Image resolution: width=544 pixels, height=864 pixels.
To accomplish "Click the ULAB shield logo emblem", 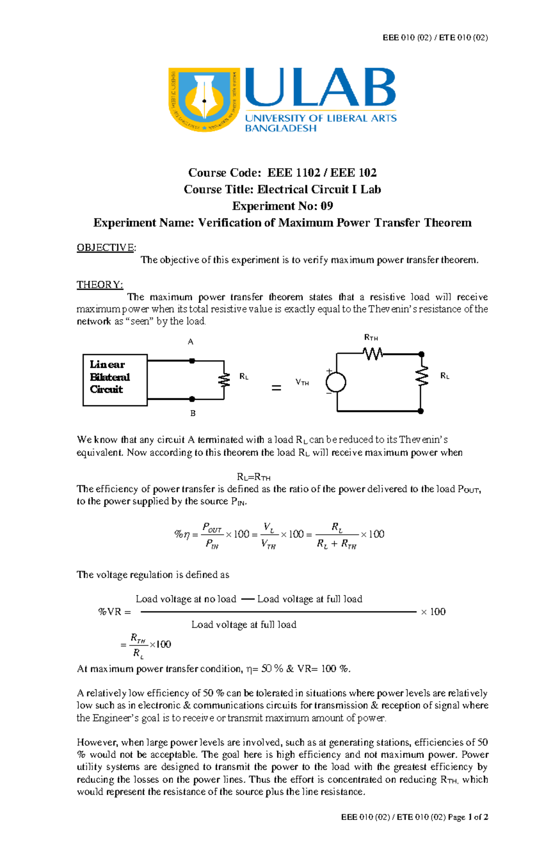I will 204,100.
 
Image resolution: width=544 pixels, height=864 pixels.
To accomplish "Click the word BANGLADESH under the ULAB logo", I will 280,128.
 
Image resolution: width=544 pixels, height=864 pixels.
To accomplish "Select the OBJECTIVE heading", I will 106,248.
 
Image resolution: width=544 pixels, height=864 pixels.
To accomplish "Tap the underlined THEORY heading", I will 99,285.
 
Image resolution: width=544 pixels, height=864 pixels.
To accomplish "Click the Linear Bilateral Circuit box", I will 115,380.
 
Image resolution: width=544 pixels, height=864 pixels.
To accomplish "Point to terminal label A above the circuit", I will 190,342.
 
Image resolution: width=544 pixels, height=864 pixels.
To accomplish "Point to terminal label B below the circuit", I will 193,413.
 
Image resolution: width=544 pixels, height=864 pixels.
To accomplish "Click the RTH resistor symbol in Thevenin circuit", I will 373,354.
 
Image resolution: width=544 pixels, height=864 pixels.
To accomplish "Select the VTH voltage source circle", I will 335,382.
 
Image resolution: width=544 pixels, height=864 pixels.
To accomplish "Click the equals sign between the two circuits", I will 276,388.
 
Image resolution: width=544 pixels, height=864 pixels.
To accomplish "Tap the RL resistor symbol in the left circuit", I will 224,380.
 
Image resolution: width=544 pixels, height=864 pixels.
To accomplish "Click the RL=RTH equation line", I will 253,477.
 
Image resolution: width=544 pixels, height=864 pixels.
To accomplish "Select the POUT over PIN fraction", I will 212,535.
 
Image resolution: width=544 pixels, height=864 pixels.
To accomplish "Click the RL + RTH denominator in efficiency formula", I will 336,544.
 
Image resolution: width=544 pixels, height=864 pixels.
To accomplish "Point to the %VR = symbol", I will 114,612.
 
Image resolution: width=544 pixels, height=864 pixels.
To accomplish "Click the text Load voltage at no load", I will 186,599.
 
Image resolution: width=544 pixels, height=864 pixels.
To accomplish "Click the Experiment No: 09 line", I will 282,206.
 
